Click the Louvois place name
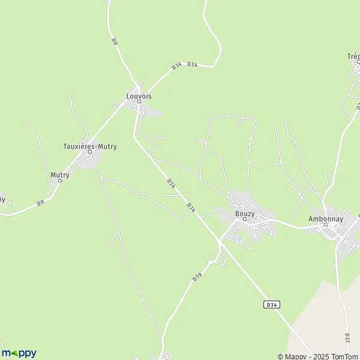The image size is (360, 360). click(139, 95)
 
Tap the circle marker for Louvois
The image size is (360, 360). click(139, 101)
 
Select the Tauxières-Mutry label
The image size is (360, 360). click(90, 145)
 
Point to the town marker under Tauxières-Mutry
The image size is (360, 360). click(90, 152)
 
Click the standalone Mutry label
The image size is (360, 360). click(60, 175)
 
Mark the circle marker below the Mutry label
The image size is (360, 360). click(60, 181)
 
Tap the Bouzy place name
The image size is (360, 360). click(245, 213)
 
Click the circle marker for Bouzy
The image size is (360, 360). click(245, 219)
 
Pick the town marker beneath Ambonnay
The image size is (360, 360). click(325, 224)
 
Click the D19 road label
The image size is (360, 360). click(196, 278)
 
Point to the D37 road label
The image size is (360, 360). click(347, 338)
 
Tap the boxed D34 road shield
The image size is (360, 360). click(272, 305)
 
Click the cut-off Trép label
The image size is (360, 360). click(353, 56)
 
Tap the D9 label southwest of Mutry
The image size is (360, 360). click(40, 203)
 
